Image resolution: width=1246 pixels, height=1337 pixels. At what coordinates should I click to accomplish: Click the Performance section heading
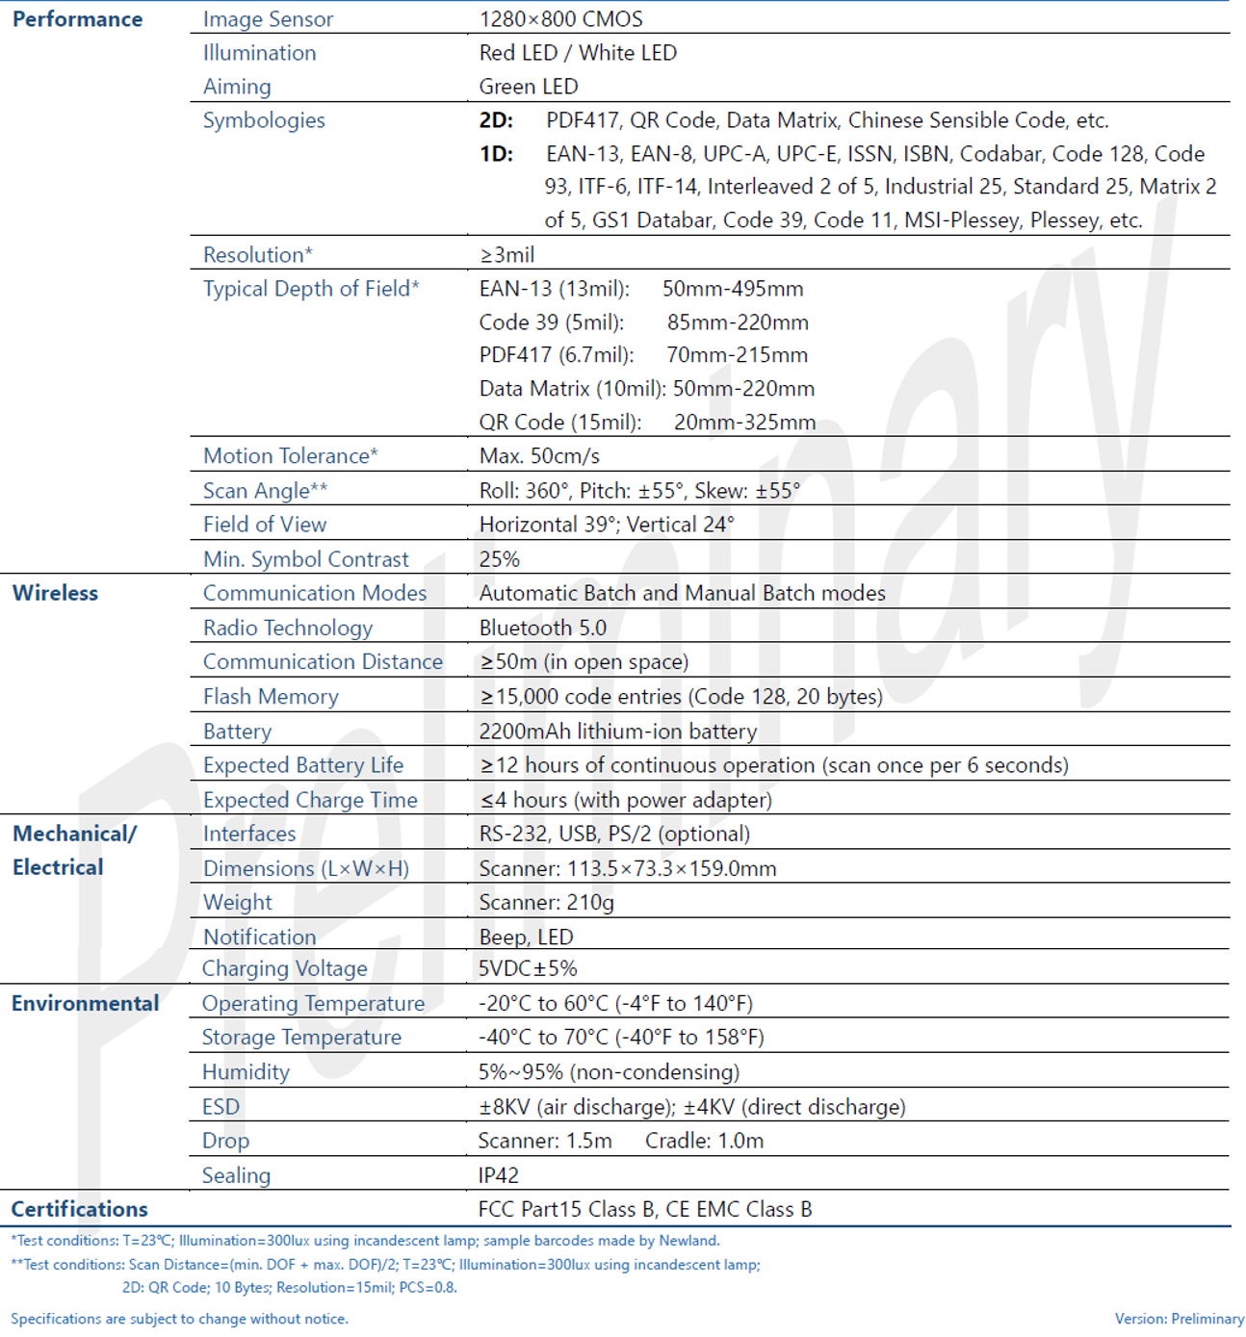(77, 19)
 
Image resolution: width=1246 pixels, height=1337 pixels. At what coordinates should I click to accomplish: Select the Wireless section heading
(55, 593)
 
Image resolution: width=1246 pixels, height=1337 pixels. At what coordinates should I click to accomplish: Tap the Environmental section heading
(85, 1003)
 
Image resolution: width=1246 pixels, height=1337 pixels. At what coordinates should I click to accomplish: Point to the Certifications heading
(79, 1209)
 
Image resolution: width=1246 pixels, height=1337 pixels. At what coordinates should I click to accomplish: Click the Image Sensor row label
(268, 19)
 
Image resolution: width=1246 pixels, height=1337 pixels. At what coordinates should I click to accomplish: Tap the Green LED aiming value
(529, 87)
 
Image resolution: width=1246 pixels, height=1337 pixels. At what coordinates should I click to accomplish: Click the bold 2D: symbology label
(496, 120)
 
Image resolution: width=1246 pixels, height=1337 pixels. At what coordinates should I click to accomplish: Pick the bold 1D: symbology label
(496, 154)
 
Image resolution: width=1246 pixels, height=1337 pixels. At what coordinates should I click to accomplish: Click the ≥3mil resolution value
(506, 255)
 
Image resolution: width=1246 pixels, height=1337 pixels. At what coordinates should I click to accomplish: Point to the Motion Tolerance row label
(290, 456)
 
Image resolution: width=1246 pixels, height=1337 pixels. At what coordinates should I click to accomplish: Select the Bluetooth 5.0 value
(543, 629)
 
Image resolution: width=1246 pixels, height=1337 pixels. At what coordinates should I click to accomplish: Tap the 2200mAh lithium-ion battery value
(617, 732)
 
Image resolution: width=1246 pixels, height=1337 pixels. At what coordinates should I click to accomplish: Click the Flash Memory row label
(271, 697)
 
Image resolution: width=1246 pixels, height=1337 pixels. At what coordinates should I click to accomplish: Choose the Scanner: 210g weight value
(546, 903)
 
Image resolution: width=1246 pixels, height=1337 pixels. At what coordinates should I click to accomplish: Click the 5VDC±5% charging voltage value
(528, 968)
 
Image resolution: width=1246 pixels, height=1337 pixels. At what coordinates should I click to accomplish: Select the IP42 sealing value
(498, 1175)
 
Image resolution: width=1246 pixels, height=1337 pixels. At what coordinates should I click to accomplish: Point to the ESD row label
(221, 1107)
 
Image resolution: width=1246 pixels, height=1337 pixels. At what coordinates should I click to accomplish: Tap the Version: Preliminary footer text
(1179, 1319)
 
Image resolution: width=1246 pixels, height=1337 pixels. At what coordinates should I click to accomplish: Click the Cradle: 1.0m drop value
(704, 1141)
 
